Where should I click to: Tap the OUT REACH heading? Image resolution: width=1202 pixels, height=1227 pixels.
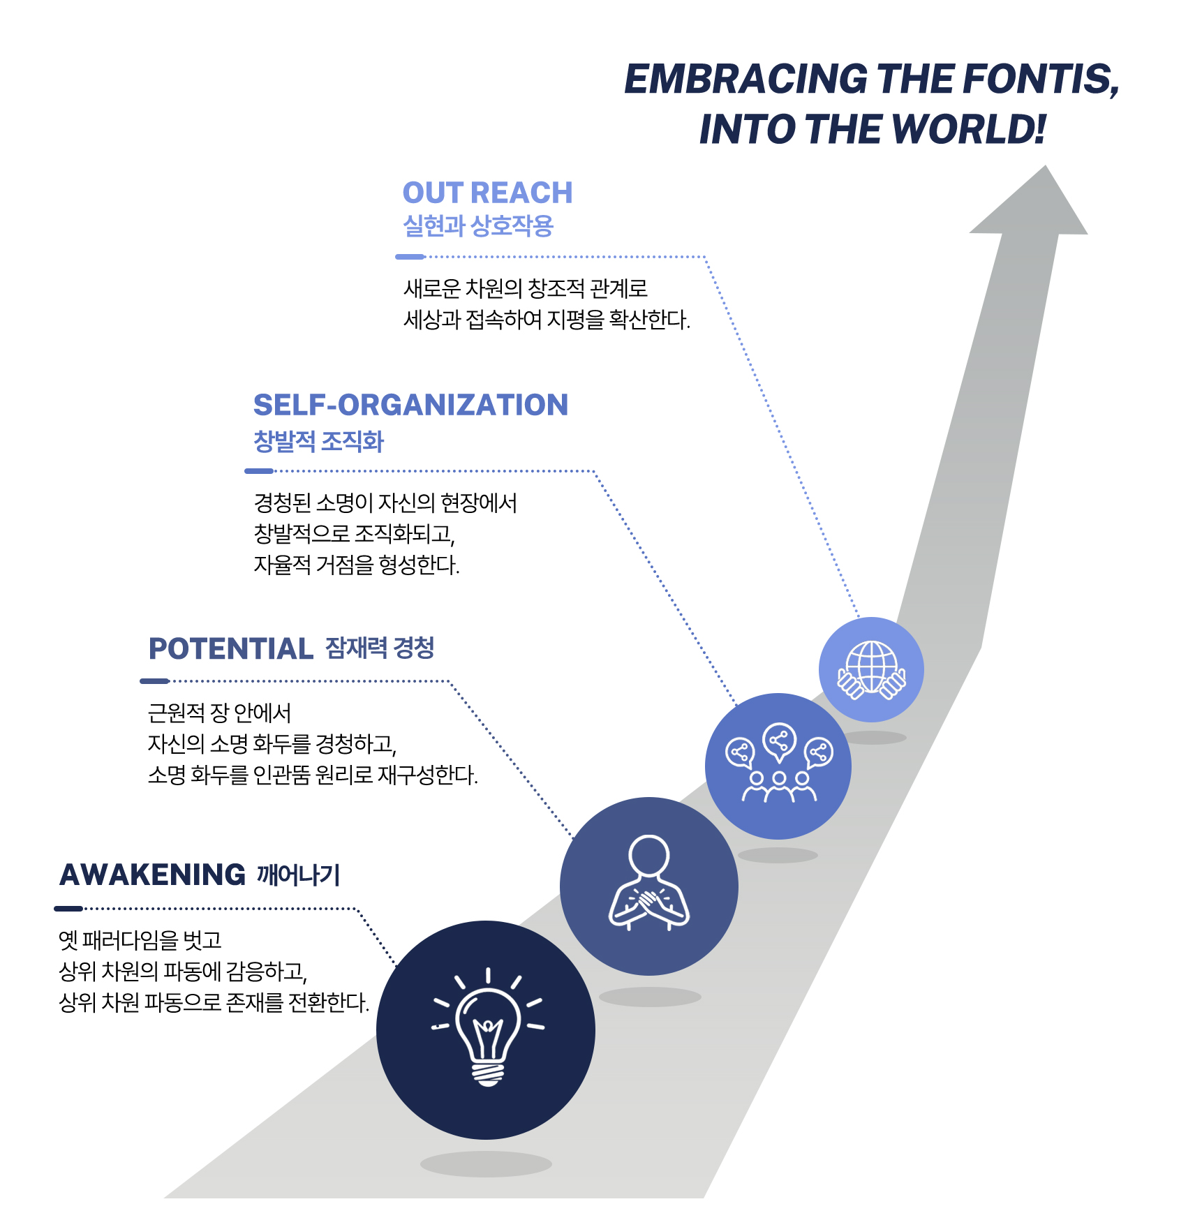487,193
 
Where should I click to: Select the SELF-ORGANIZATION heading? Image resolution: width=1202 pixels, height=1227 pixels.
410,405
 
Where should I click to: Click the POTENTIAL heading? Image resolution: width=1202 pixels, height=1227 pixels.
230,648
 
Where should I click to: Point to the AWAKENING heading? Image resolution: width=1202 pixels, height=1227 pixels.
152,875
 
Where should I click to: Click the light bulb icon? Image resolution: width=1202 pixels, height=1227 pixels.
487,1029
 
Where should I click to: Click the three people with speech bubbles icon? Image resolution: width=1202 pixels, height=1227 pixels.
778,765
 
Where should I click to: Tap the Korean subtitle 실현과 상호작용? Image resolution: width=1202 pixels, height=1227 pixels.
478,225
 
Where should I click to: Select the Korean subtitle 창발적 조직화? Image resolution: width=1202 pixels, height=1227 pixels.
318,441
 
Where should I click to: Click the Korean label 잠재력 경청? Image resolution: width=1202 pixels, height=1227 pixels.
380,648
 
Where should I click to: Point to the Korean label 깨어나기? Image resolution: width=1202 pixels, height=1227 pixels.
298,875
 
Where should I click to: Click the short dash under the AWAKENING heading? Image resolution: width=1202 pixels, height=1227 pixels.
68,908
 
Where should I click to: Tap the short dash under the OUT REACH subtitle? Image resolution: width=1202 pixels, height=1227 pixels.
410,257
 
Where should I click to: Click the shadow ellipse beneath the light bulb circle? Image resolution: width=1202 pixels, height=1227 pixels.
486,1163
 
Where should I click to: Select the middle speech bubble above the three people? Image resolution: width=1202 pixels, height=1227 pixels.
779,740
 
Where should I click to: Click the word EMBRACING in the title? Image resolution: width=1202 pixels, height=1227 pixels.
746,79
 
